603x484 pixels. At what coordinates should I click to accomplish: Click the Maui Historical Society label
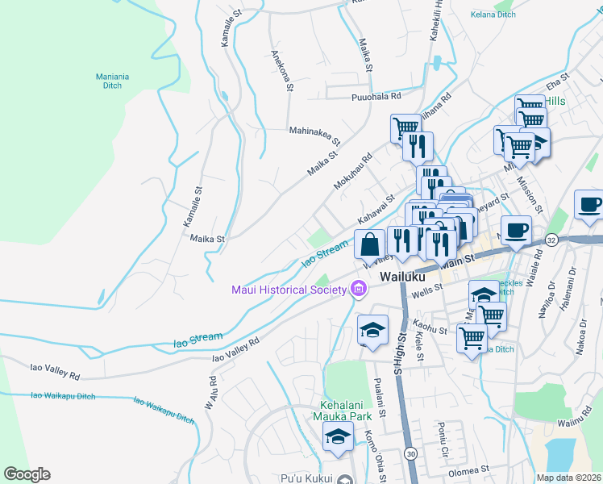click(288, 290)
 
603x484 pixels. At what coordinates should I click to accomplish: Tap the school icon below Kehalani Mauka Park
click(339, 436)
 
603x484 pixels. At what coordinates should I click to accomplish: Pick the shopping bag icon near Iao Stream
click(369, 244)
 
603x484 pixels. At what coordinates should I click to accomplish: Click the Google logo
click(27, 474)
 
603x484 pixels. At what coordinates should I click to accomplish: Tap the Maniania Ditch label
click(113, 81)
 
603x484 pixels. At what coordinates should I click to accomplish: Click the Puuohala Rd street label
click(376, 97)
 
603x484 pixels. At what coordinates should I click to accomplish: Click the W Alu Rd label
click(210, 392)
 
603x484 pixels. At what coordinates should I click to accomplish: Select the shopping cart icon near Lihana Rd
click(405, 127)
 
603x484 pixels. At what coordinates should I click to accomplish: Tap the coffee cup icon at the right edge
click(589, 205)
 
